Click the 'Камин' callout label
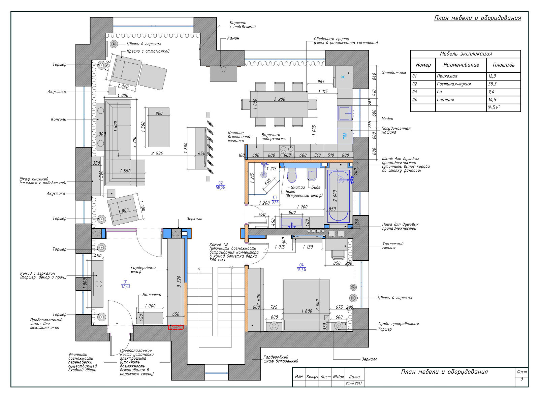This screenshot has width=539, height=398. point(233,38)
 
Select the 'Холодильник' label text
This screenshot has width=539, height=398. point(393,73)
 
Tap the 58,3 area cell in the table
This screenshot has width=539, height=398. point(492,84)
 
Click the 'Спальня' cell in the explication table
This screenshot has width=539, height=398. point(445,100)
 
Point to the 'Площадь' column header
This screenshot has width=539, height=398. point(504,65)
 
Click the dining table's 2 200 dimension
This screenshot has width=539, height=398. point(280,99)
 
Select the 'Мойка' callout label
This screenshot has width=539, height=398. point(387,119)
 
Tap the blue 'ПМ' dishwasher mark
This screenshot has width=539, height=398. point(345,136)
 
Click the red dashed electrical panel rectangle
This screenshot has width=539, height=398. point(176,327)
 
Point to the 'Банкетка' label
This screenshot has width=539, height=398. point(152,295)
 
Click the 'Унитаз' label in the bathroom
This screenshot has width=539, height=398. point(298,187)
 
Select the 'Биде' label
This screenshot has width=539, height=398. point(316,187)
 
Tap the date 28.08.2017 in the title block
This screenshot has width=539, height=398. point(354,383)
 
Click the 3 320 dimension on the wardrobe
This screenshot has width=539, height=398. point(179,281)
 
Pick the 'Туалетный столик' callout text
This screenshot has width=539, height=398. point(392,246)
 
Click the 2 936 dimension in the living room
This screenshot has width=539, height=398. point(157,153)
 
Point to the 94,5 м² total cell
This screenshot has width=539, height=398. point(494,107)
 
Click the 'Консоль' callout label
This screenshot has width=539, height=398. point(58,120)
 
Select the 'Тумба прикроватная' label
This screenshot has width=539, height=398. point(398,324)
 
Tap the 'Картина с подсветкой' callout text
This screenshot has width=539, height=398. point(243,25)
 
